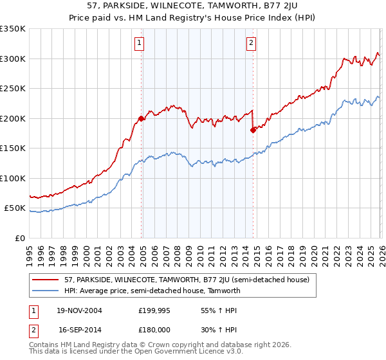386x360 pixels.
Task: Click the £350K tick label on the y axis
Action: tap(13, 29)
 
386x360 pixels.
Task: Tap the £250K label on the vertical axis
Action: tap(13, 89)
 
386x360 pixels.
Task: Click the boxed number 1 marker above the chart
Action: tap(139, 44)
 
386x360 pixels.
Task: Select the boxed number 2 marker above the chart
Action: tap(251, 44)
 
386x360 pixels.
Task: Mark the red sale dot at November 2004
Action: tap(141, 119)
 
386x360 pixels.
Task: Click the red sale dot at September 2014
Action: tap(253, 130)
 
